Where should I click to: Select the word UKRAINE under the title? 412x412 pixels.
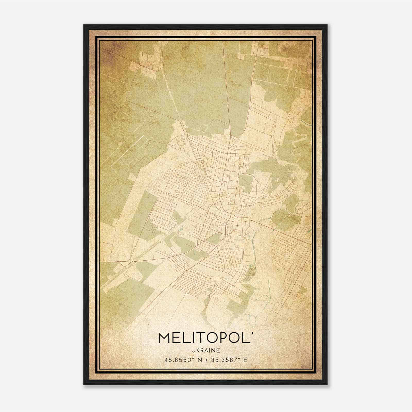[205, 350]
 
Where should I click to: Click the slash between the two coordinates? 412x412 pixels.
[205, 360]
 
